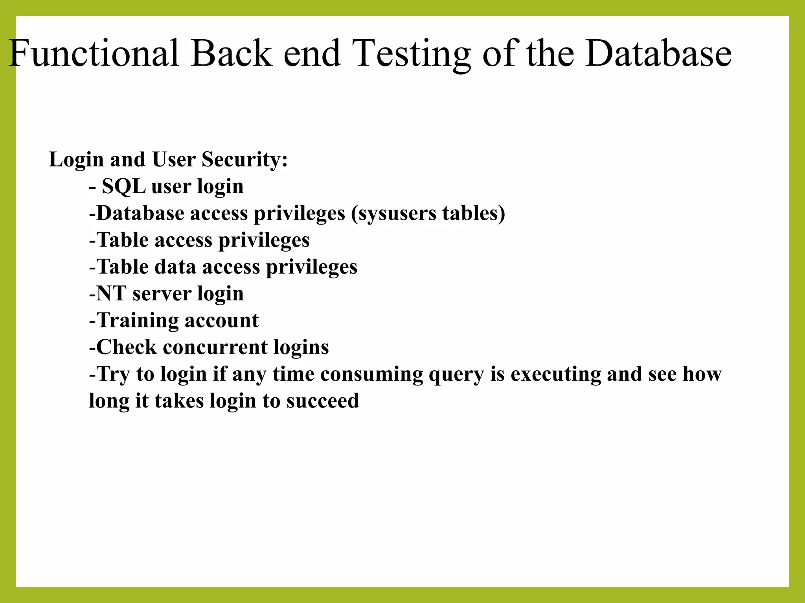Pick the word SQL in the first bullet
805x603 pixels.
pyautogui.click(x=123, y=186)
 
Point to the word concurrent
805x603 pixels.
pyautogui.click(x=215, y=347)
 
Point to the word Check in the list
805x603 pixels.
pyautogui.click(x=126, y=347)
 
